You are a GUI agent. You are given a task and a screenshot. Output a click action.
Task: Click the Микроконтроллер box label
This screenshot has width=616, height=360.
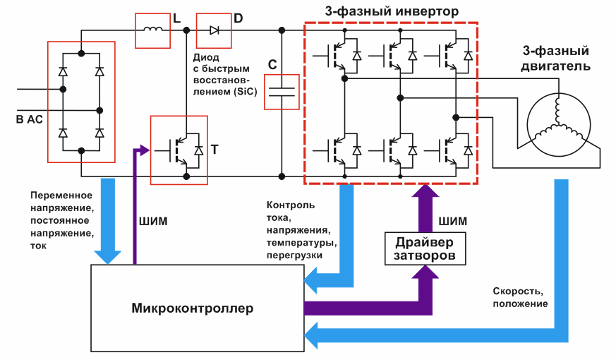[x=192, y=308]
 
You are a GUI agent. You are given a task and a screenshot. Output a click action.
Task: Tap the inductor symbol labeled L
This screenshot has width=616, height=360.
[x=152, y=30]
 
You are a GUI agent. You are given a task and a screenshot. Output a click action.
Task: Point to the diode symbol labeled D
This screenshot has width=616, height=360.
[x=214, y=30]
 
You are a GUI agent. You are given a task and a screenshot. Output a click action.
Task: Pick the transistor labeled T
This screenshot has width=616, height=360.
[x=179, y=150]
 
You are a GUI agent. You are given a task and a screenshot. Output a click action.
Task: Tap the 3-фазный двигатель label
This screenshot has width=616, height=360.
[x=556, y=59]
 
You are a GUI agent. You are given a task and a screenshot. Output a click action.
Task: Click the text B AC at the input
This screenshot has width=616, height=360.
[x=29, y=120]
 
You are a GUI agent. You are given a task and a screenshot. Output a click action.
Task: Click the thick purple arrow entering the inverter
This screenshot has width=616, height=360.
[x=425, y=205]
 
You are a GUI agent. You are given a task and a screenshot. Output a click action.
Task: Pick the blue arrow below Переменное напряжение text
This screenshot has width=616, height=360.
[x=109, y=219]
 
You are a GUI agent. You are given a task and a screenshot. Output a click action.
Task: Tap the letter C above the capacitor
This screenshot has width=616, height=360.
[x=272, y=65]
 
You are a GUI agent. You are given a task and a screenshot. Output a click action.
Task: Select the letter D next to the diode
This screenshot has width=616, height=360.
[x=238, y=18]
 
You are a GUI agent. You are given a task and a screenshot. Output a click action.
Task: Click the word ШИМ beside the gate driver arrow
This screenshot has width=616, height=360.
[x=452, y=221]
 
